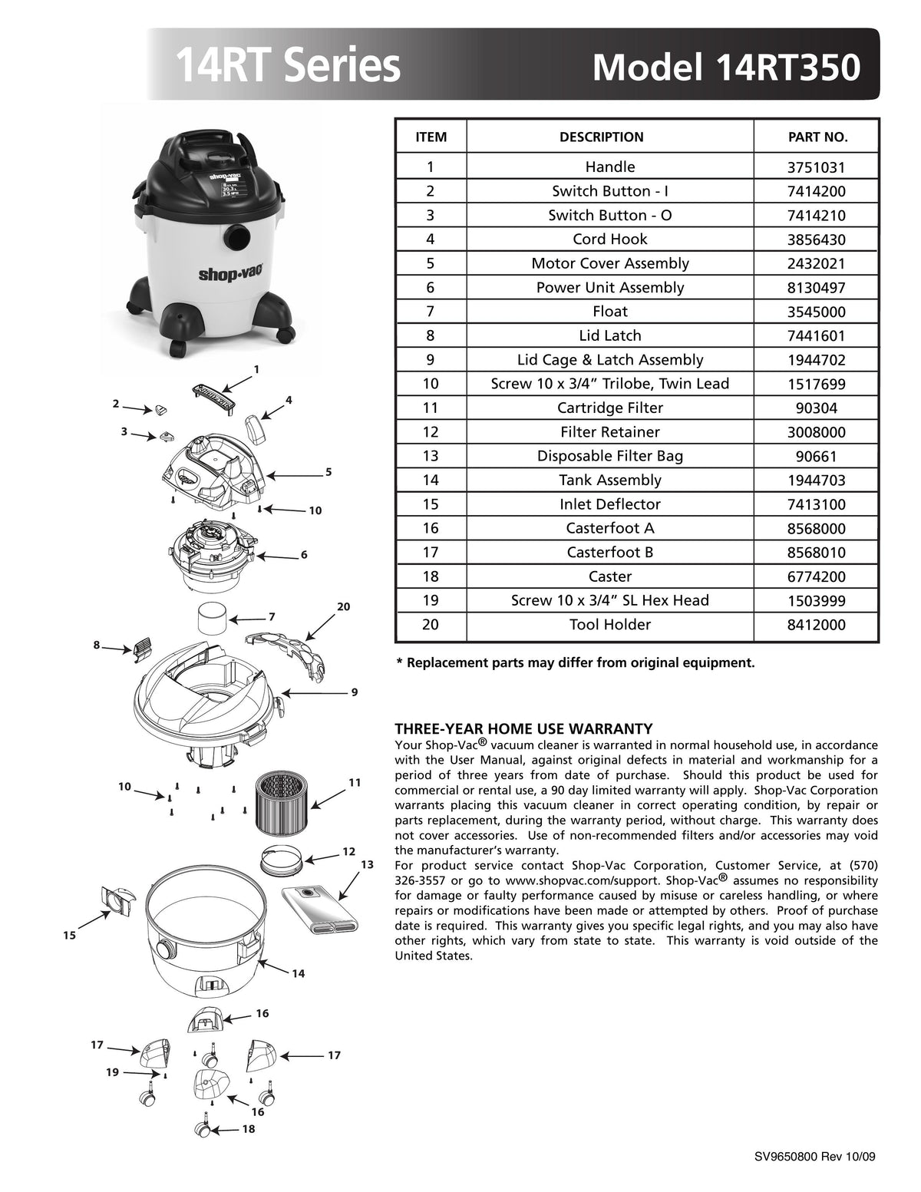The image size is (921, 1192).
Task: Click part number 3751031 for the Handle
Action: pyautogui.click(x=817, y=167)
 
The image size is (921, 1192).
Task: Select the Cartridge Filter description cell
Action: pyautogui.click(x=610, y=408)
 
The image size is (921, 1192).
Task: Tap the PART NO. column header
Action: pyautogui.click(x=817, y=137)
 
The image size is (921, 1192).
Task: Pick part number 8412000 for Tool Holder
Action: pyautogui.click(x=817, y=625)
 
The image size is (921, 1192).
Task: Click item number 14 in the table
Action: pyautogui.click(x=431, y=480)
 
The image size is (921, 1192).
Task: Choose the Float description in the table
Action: pyautogui.click(x=610, y=312)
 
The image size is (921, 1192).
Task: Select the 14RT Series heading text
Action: pyautogui.click(x=288, y=67)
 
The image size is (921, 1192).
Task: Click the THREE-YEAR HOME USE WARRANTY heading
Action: pyautogui.click(x=523, y=728)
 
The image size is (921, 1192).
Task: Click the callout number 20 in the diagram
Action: pyautogui.click(x=343, y=606)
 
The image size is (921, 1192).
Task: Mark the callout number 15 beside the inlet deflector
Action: pyautogui.click(x=70, y=936)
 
